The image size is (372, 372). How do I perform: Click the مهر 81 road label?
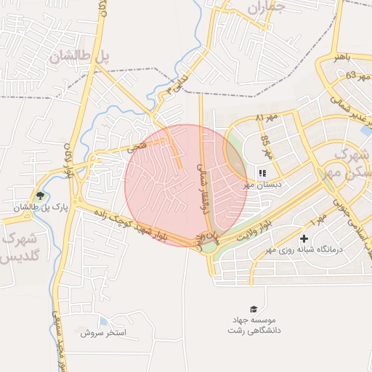click(x=267, y=117)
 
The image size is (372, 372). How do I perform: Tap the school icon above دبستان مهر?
click(x=262, y=173)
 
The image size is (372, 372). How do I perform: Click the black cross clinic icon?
click(x=304, y=238)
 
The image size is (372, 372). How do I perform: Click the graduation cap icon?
click(x=254, y=309)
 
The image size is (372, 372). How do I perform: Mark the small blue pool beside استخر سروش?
click(x=103, y=320)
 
